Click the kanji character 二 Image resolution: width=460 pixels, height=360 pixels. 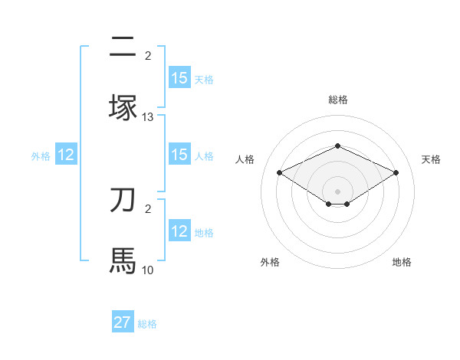pyautogui.click(x=123, y=47)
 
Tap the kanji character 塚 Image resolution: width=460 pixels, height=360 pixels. pyautogui.click(x=123, y=107)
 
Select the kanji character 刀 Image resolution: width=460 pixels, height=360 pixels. pyautogui.click(x=123, y=200)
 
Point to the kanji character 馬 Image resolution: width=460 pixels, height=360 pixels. pyautogui.click(x=123, y=260)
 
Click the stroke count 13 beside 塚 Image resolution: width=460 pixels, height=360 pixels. pyautogui.click(x=148, y=117)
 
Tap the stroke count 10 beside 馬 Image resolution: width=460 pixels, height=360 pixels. pyautogui.click(x=148, y=270)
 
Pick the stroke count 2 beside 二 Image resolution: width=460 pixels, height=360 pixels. pyautogui.click(x=148, y=56)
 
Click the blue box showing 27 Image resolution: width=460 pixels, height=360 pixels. pyautogui.click(x=123, y=322)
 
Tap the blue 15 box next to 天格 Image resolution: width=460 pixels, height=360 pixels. pyautogui.click(x=179, y=78)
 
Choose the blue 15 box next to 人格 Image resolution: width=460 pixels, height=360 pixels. pyautogui.click(x=179, y=155)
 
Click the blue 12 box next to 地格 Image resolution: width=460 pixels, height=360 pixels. pyautogui.click(x=179, y=231)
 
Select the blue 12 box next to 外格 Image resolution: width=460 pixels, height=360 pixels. pyautogui.click(x=66, y=155)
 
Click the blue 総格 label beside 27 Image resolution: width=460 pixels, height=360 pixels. pyautogui.click(x=147, y=324)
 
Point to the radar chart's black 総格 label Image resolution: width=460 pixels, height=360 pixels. pyautogui.click(x=337, y=100)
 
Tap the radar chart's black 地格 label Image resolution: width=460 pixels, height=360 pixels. pyautogui.click(x=402, y=263)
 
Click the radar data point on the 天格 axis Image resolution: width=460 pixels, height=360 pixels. pyautogui.click(x=396, y=172)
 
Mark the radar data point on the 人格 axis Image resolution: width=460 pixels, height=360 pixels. pyautogui.click(x=279, y=172)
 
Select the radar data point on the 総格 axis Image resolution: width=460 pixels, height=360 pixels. pyautogui.click(x=337, y=146)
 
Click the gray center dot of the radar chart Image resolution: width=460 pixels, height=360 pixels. pyautogui.click(x=337, y=191)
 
